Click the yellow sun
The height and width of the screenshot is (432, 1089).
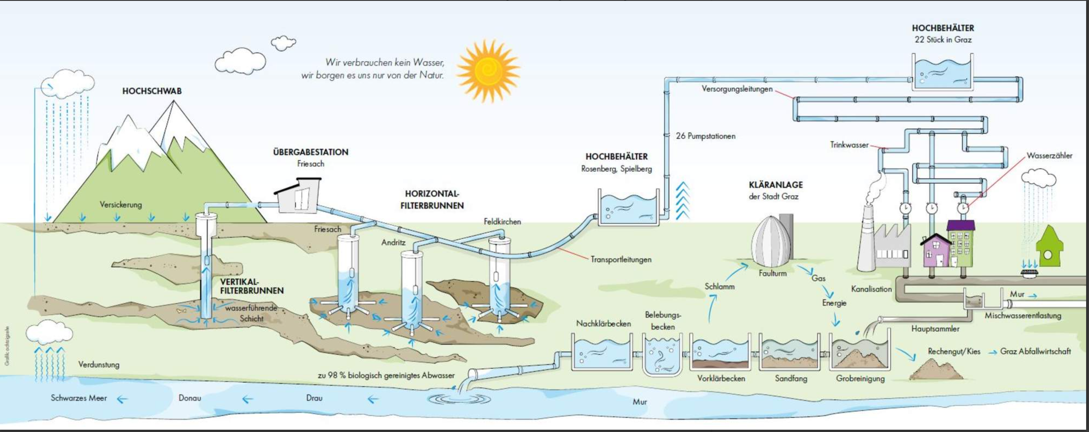click(489, 71)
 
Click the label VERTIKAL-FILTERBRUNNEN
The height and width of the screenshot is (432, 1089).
click(252, 286)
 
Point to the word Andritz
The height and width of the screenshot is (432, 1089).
click(393, 242)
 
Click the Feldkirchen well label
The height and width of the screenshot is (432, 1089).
click(502, 221)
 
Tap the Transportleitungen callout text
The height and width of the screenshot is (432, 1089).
click(621, 259)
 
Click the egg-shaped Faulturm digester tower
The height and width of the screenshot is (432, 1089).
click(771, 242)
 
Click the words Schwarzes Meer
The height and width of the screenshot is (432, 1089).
click(79, 398)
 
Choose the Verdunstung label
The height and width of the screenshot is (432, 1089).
click(99, 364)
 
